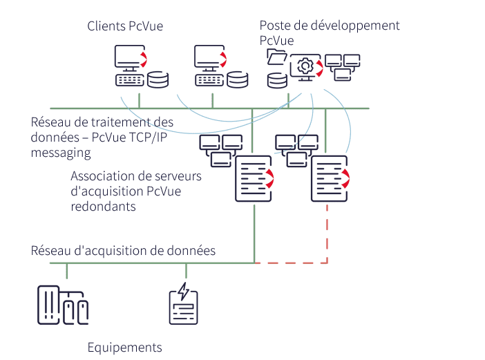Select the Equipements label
click(x=124, y=347)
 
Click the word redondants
click(x=103, y=206)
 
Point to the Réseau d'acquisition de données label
click(x=123, y=250)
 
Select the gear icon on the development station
click(x=304, y=66)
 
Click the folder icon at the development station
click(x=276, y=57)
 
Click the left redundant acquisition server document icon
click(x=254, y=178)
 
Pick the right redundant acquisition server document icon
click(x=329, y=178)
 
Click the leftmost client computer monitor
click(x=130, y=57)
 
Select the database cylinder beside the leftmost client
click(x=158, y=79)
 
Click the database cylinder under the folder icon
click(x=278, y=79)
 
